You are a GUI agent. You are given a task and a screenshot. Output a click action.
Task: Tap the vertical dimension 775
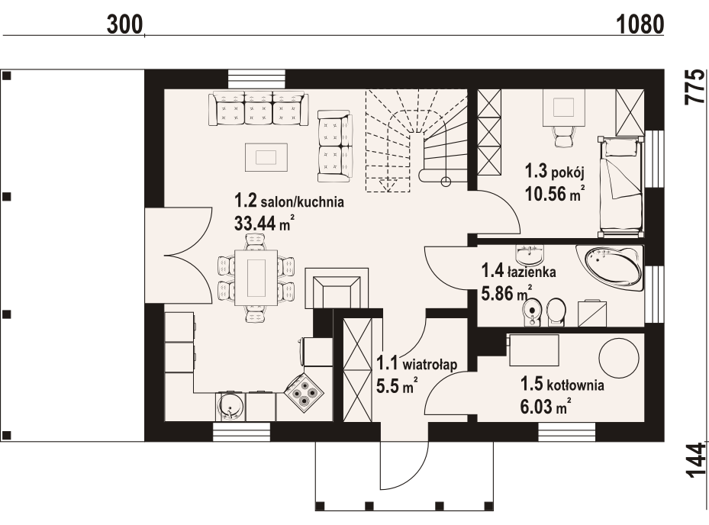click(x=694, y=87)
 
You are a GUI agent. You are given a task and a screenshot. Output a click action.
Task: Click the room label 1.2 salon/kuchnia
click(x=289, y=201)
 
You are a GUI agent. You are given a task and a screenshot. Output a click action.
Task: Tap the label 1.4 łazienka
click(x=519, y=272)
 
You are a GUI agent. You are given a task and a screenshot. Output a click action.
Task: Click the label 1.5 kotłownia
click(x=562, y=385)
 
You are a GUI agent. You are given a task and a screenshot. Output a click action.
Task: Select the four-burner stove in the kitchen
click(x=304, y=392)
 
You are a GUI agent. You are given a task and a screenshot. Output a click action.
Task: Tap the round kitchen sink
click(x=231, y=406)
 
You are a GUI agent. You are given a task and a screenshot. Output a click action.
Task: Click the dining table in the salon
click(x=256, y=277)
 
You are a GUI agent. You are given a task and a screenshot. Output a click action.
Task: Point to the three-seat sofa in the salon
click(x=258, y=109)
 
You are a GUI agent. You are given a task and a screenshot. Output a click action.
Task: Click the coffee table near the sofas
click(x=266, y=157)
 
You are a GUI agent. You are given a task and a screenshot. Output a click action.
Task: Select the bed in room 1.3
click(x=620, y=187)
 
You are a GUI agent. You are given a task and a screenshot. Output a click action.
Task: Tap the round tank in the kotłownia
click(x=619, y=358)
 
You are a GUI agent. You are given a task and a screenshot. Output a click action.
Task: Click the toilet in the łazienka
click(x=556, y=312)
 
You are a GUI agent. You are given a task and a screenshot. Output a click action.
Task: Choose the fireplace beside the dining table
click(x=337, y=288)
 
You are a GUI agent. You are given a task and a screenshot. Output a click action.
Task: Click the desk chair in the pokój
click(x=564, y=136)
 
